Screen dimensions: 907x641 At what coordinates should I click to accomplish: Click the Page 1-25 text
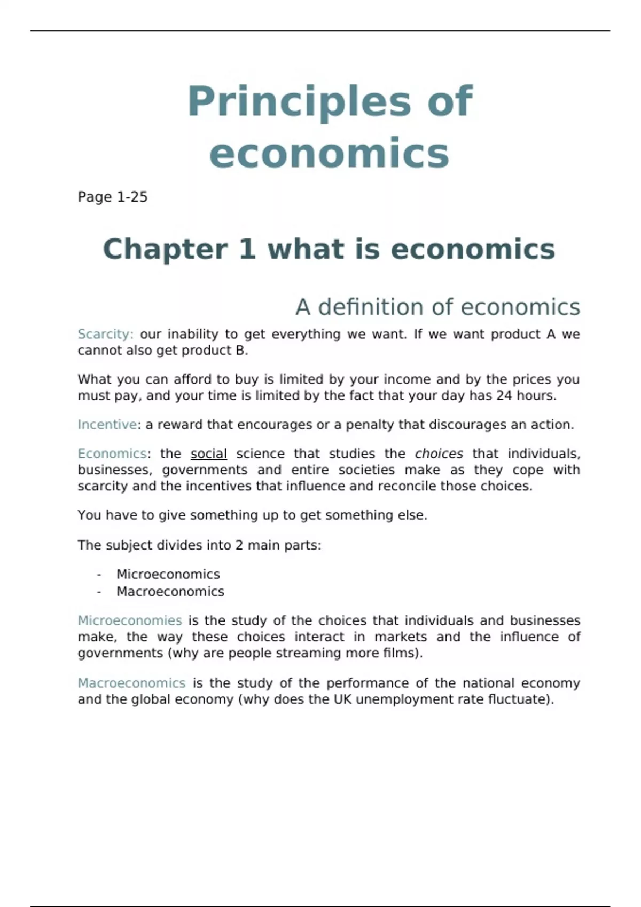(x=112, y=197)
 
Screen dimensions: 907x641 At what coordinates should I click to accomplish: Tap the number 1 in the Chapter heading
(x=247, y=249)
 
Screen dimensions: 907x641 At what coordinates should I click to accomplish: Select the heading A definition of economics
(x=437, y=307)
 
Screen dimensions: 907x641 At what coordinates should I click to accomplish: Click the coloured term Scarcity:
(x=105, y=334)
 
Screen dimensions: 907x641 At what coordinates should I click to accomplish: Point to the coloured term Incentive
(x=107, y=425)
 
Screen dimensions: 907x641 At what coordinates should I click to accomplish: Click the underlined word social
(x=208, y=454)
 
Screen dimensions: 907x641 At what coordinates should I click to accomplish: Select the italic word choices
(x=439, y=454)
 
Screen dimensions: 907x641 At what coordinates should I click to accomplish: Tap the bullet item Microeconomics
(x=168, y=574)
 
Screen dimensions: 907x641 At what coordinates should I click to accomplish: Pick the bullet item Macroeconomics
(x=170, y=591)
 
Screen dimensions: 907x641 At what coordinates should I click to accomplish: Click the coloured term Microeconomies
(x=130, y=620)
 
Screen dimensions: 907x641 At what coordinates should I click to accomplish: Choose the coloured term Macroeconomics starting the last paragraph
(x=131, y=683)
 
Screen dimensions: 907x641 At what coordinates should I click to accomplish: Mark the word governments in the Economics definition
(x=205, y=470)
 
